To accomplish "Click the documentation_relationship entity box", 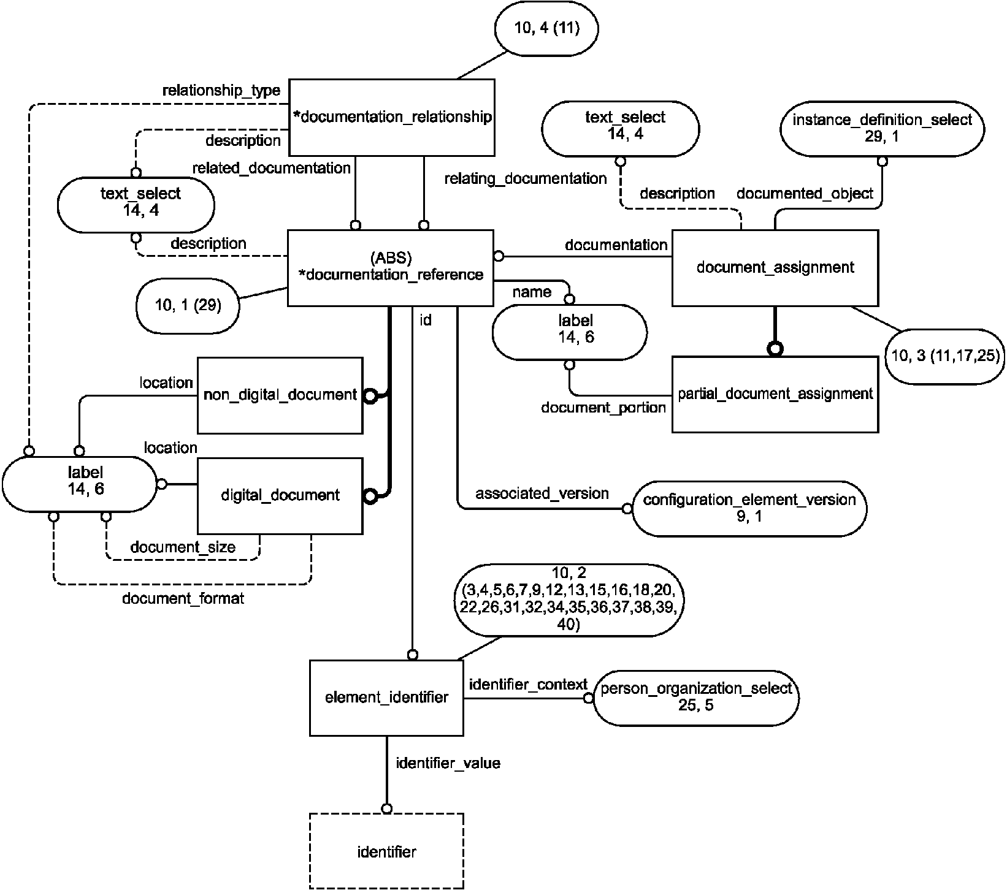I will tap(391, 116).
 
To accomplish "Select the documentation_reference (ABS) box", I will tap(391, 267).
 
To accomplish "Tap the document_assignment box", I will tap(775, 267).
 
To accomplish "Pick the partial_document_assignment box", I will tap(775, 394).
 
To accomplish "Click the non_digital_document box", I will tap(280, 395).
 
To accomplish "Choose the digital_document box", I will tap(280, 495).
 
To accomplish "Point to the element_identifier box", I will tap(386, 698).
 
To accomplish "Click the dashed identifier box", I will tap(386, 851).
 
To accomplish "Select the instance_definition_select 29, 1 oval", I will tap(882, 128).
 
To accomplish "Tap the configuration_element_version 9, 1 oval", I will tap(749, 508).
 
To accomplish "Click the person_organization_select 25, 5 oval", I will tap(695, 697).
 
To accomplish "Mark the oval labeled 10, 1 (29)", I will tap(188, 305).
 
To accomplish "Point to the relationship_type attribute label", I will tap(221, 91).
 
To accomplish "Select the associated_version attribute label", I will tap(542, 493).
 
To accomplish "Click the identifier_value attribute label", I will tap(448, 763).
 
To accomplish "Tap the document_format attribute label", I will tap(183, 598).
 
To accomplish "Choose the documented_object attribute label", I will tap(805, 194).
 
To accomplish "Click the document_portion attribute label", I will tap(603, 408).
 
